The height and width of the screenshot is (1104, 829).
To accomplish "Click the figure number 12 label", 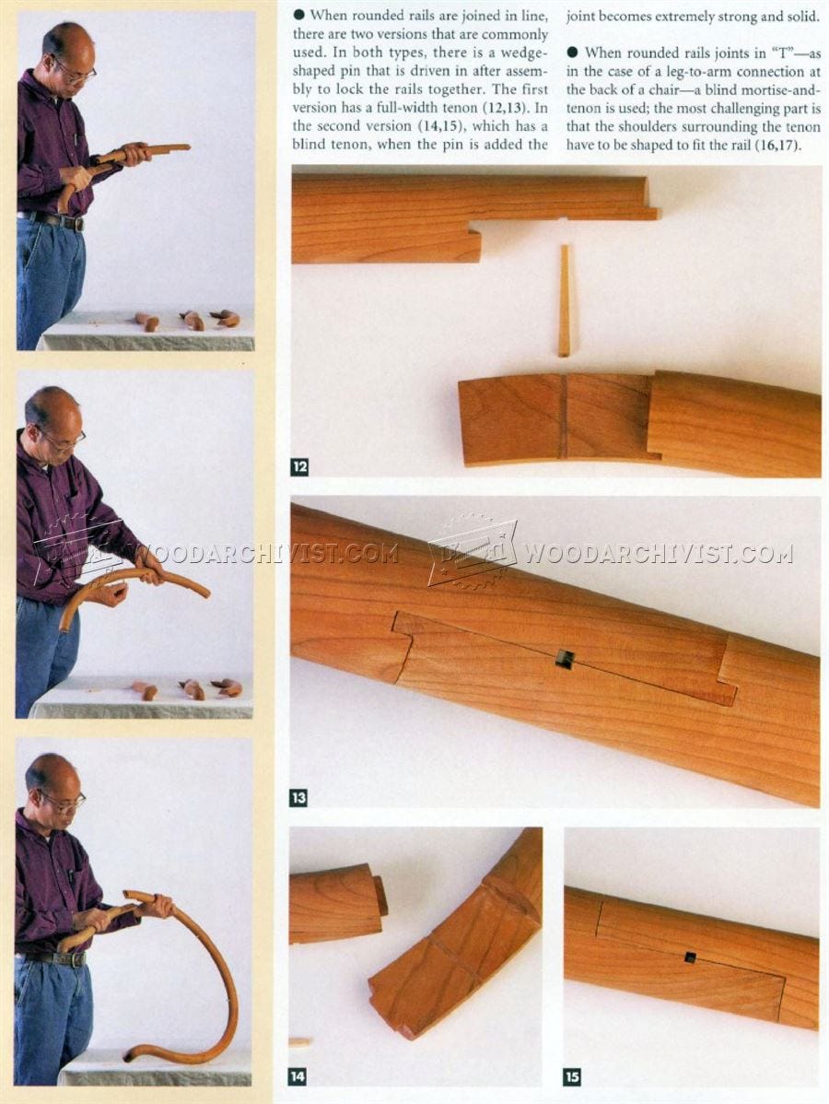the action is pos(299,466).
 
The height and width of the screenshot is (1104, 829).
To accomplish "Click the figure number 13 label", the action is pos(298,797).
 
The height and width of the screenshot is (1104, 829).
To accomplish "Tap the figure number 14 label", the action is pos(298,1075).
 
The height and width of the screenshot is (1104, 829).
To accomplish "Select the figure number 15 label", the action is pos(572,1076).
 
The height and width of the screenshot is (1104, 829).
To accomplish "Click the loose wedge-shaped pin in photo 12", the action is pos(565,300).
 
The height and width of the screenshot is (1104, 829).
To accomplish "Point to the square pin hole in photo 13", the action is pos(565,658).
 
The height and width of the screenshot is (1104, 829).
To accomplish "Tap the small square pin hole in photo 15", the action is pos(691,957).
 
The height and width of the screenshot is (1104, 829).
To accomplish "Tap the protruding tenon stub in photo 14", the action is pos(380,895).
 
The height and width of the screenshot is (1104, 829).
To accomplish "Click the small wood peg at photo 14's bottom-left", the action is pos(299,1043).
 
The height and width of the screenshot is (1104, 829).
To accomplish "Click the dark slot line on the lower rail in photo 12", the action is pos(565,417).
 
